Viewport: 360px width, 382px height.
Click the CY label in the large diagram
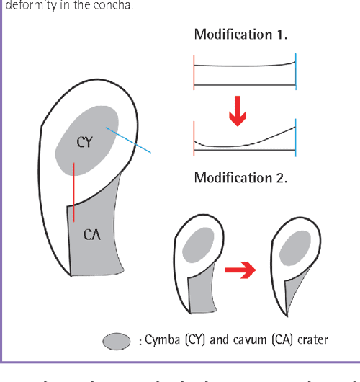point(85,142)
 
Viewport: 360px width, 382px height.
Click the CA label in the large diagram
point(91,234)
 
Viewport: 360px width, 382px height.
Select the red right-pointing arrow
point(240,272)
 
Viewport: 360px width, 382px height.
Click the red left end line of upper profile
point(194,70)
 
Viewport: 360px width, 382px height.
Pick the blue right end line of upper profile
point(296,69)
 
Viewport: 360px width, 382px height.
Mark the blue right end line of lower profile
point(296,137)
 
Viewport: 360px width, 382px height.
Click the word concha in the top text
point(105,6)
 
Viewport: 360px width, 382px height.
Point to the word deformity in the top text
point(24,6)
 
